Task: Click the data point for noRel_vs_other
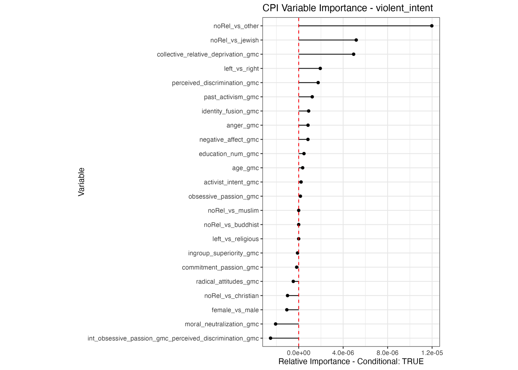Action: click(x=432, y=26)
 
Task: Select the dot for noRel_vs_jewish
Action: click(x=356, y=40)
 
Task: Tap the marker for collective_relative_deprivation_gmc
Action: click(x=353, y=54)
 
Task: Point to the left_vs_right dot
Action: click(x=320, y=69)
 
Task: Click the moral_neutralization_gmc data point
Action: click(x=276, y=324)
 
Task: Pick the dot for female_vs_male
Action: click(x=287, y=310)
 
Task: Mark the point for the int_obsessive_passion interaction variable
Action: click(x=271, y=338)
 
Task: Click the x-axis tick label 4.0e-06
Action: click(x=343, y=353)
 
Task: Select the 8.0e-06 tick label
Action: click(x=387, y=353)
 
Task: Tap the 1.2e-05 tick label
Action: click(x=432, y=353)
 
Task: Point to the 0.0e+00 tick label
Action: click(x=299, y=353)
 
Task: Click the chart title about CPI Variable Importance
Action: click(x=348, y=8)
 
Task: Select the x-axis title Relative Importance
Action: click(x=351, y=362)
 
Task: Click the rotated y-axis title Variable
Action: click(x=81, y=182)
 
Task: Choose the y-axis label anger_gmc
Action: click(x=242, y=125)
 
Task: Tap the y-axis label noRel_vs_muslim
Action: click(x=233, y=210)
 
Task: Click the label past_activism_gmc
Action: click(x=231, y=97)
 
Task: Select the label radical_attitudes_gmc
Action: click(x=227, y=282)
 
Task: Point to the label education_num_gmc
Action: click(x=229, y=154)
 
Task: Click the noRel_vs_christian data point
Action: click(x=288, y=296)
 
